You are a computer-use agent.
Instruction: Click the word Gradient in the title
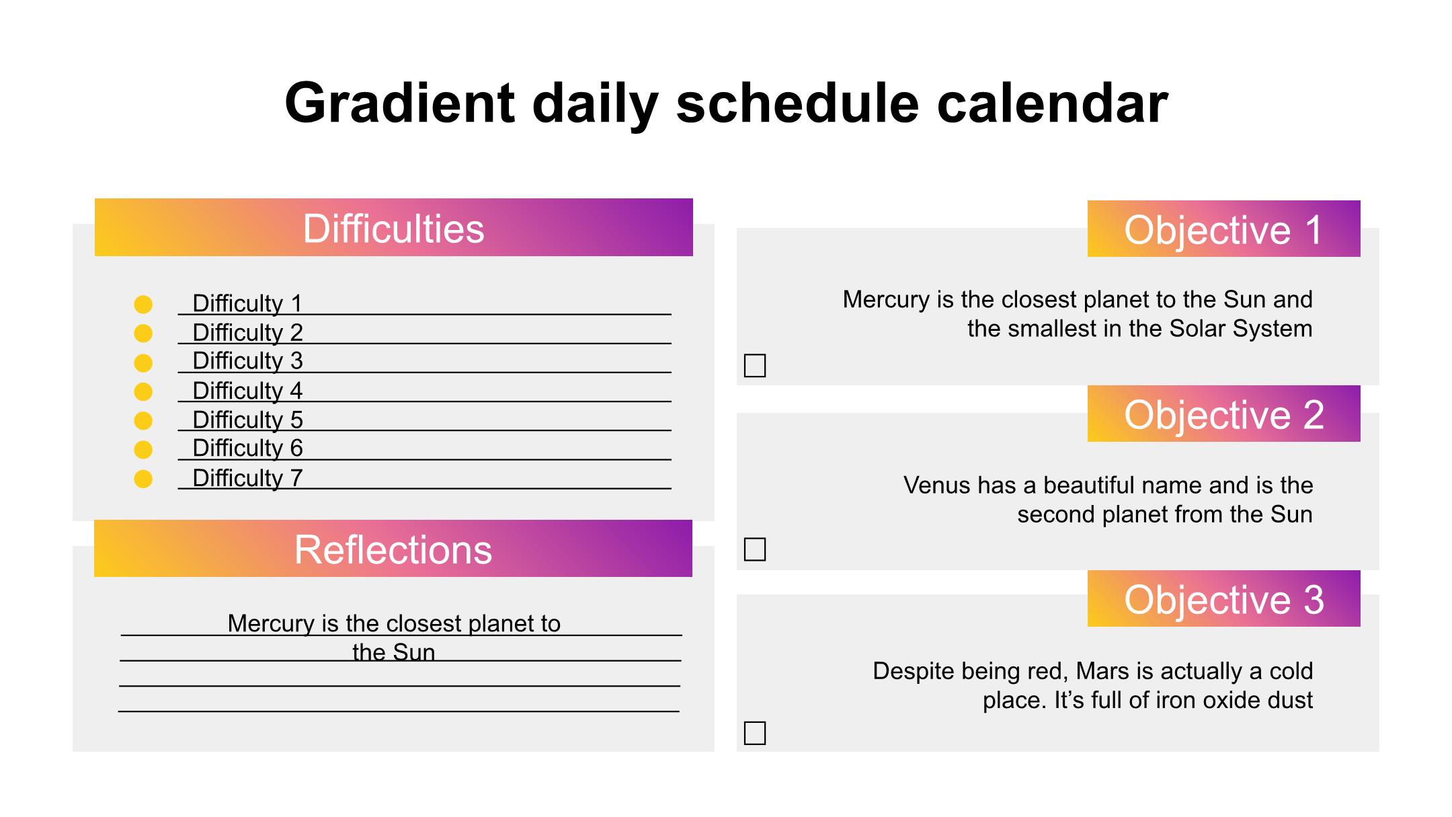[399, 103]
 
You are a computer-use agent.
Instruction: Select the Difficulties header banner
[393, 227]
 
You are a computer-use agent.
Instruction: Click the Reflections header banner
[393, 549]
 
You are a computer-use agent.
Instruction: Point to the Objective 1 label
[1223, 229]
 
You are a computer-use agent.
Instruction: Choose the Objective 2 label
[1223, 414]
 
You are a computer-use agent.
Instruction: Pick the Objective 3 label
[1223, 598]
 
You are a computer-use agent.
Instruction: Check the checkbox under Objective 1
[755, 366]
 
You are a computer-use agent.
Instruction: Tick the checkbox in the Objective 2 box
[755, 549]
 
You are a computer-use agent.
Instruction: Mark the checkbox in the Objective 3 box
[755, 733]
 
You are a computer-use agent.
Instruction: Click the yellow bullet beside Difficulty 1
[143, 305]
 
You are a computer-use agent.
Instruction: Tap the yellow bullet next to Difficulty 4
[143, 391]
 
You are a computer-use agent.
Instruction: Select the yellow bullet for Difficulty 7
[143, 479]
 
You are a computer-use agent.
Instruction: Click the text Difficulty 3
[247, 361]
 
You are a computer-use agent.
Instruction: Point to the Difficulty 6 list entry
[247, 448]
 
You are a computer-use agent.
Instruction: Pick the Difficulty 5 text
[247, 420]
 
